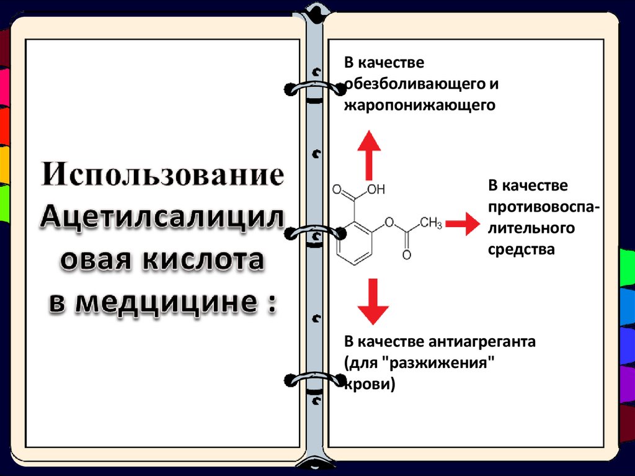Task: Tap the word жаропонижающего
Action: coord(420,104)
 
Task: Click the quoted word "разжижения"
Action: coord(447,362)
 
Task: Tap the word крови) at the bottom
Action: coord(370,384)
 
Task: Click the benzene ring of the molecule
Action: coord(354,242)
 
